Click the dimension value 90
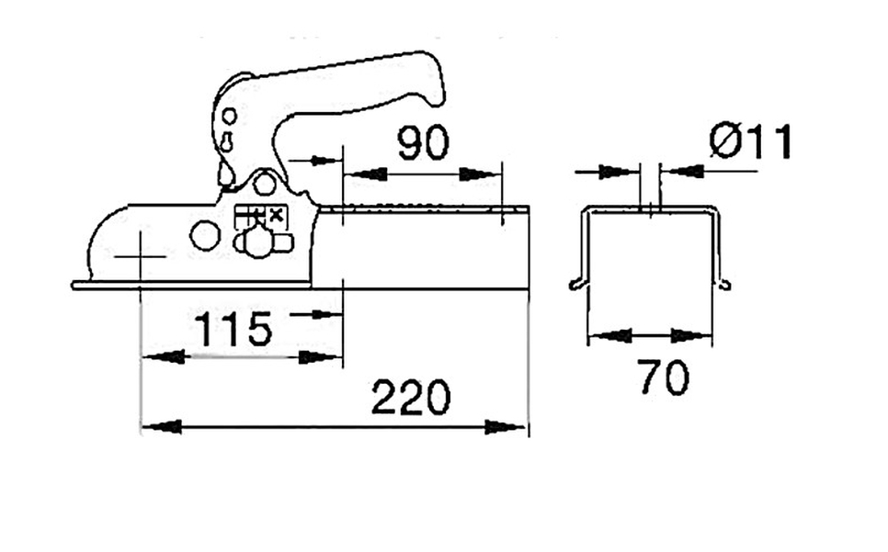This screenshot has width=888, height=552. pyautogui.click(x=423, y=142)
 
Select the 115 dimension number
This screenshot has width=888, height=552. pyautogui.click(x=233, y=329)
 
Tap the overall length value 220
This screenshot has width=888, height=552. pyautogui.click(x=411, y=398)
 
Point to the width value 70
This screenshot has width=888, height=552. pyautogui.click(x=665, y=377)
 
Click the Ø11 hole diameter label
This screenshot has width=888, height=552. pyautogui.click(x=750, y=141)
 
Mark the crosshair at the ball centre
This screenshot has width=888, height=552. pyautogui.click(x=140, y=257)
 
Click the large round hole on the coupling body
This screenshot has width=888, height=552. pyautogui.click(x=205, y=236)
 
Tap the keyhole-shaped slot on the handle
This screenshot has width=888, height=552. pyautogui.click(x=227, y=141)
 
